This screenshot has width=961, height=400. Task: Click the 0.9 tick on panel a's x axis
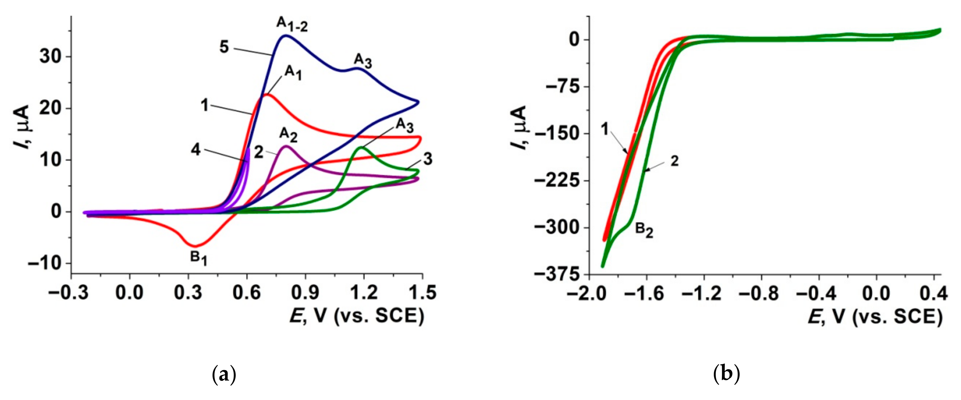pos(305,293)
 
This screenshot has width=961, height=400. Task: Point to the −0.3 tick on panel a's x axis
pos(69,293)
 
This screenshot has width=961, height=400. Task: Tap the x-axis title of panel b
pos(875,317)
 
